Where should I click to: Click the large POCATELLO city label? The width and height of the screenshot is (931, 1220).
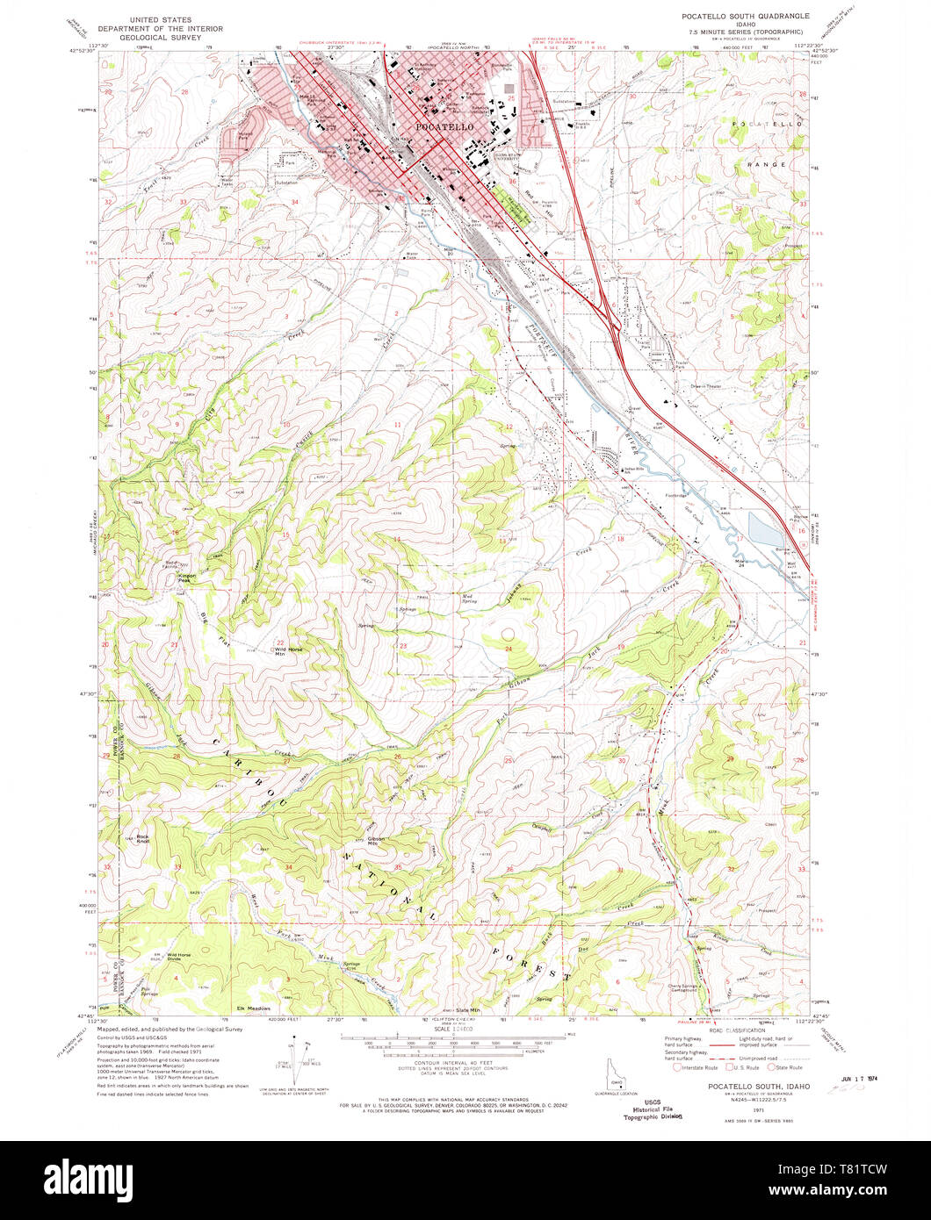(445, 127)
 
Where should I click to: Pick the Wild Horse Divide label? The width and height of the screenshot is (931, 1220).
(178, 957)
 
